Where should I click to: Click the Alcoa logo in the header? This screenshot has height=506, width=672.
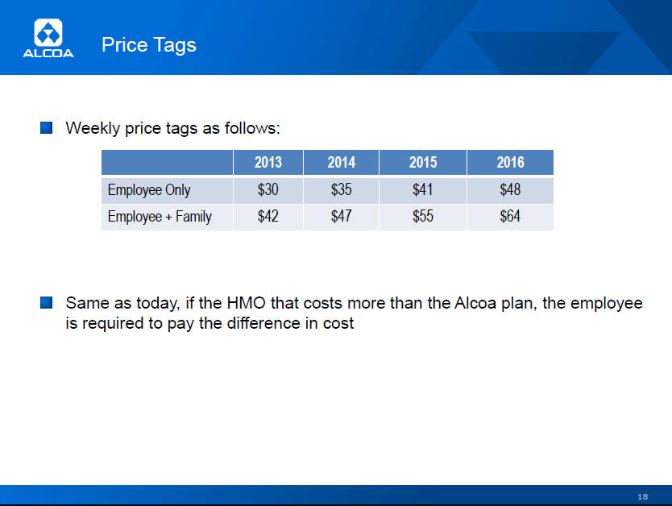tap(48, 38)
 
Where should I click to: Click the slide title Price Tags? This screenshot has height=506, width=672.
tap(149, 45)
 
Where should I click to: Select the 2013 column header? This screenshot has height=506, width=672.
tap(268, 163)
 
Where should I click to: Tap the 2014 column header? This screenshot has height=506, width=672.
tap(342, 163)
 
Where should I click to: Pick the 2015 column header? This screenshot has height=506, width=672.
tap(423, 163)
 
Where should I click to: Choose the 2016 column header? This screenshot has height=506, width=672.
tap(510, 163)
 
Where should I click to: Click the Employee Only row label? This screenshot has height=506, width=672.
tap(149, 190)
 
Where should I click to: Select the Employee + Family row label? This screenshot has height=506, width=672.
tap(160, 217)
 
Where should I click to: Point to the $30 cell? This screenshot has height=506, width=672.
tap(268, 189)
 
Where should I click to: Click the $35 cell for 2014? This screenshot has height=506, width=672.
tap(341, 189)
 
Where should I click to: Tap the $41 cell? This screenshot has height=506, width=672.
tap(422, 189)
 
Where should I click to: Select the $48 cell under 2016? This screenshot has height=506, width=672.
tap(510, 189)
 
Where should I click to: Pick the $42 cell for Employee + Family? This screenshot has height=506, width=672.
tap(268, 216)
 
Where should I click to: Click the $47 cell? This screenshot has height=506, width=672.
tap(341, 216)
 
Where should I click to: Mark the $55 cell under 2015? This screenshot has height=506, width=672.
tap(423, 216)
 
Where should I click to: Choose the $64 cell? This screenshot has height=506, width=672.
tap(510, 216)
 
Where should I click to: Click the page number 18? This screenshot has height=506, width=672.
tap(642, 496)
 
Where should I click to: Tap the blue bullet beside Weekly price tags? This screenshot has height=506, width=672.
tap(46, 127)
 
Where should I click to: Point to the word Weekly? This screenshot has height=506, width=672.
tap(93, 128)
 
